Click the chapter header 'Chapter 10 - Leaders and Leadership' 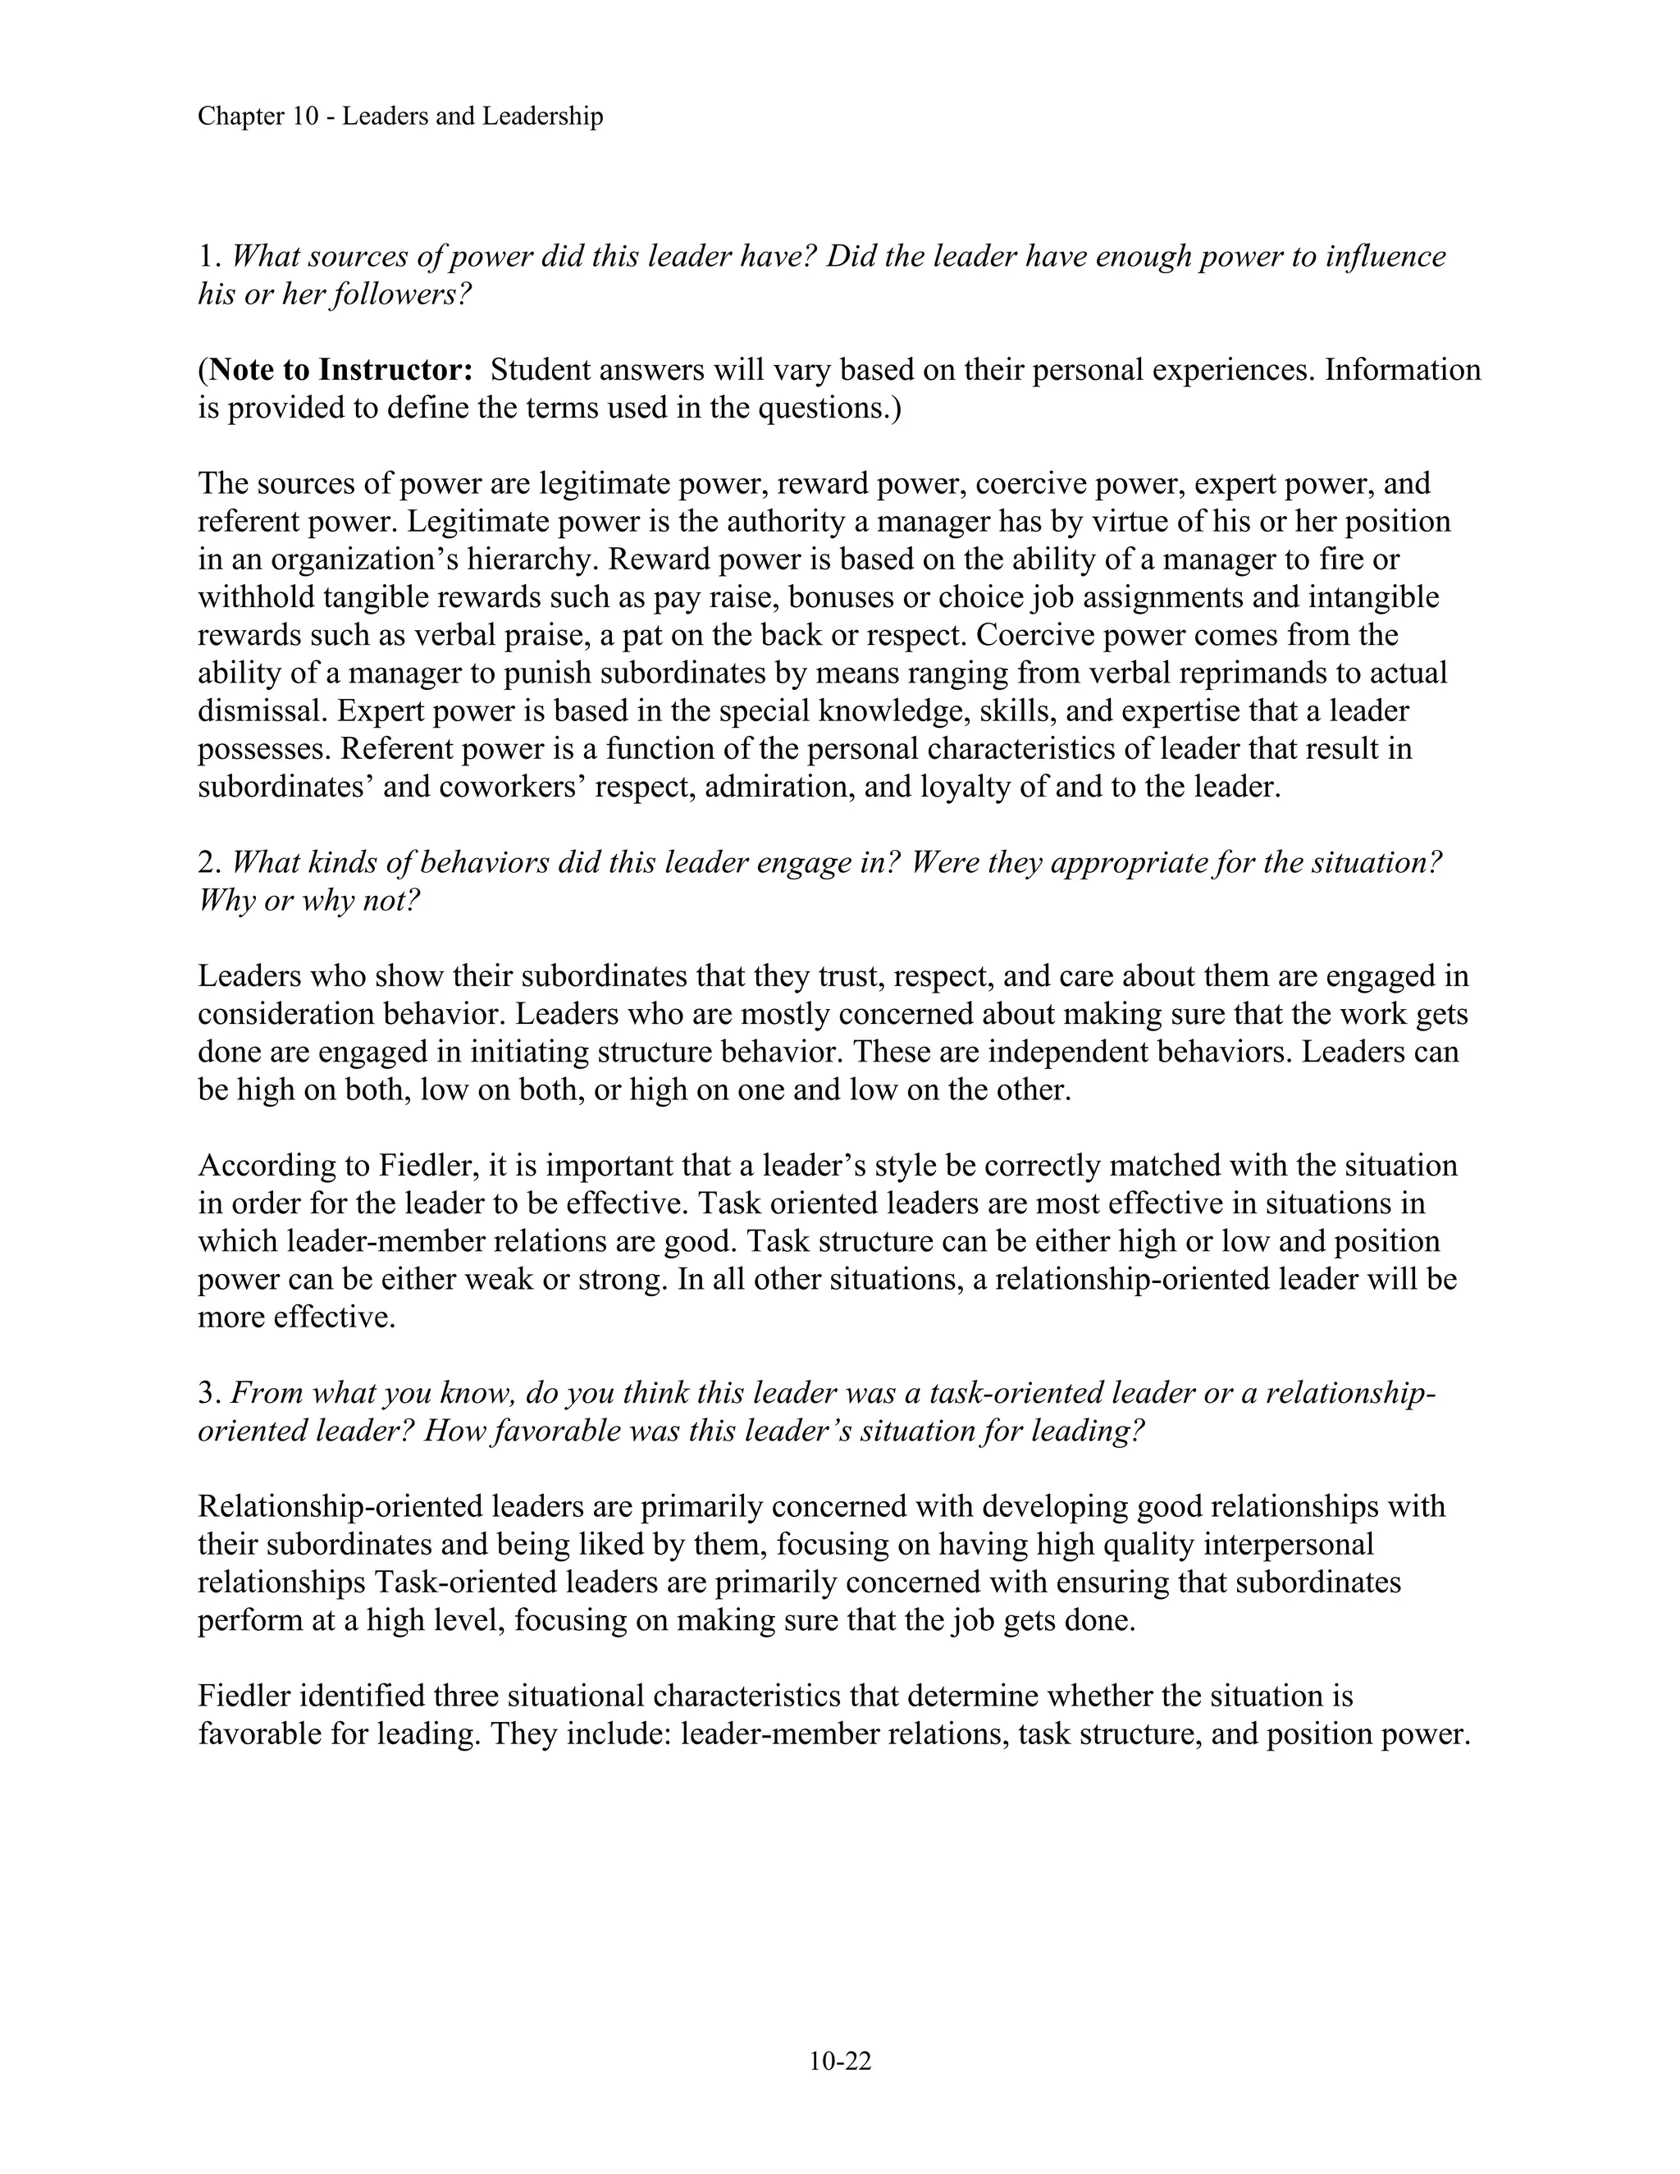tap(400, 116)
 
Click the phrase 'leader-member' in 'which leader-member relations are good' tap(388, 1241)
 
